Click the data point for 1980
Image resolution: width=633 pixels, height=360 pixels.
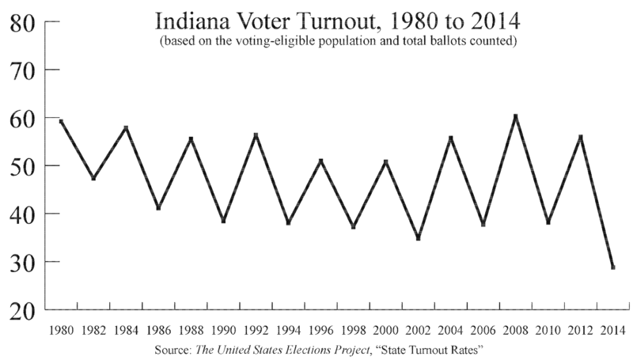point(61,121)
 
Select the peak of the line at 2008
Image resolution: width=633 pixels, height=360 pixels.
point(515,116)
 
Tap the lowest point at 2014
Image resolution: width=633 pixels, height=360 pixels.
point(612,267)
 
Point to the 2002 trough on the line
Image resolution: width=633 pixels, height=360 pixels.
point(418,238)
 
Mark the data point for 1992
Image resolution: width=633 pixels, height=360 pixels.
point(256,135)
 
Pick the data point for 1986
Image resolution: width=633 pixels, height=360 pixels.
point(158,208)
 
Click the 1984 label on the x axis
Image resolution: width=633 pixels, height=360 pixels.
point(126,329)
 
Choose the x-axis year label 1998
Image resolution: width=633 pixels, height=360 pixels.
point(353,329)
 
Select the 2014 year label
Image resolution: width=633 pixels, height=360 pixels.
point(612,329)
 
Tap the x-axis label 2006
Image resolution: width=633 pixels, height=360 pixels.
point(483,329)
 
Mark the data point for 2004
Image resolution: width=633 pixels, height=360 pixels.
point(450,138)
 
